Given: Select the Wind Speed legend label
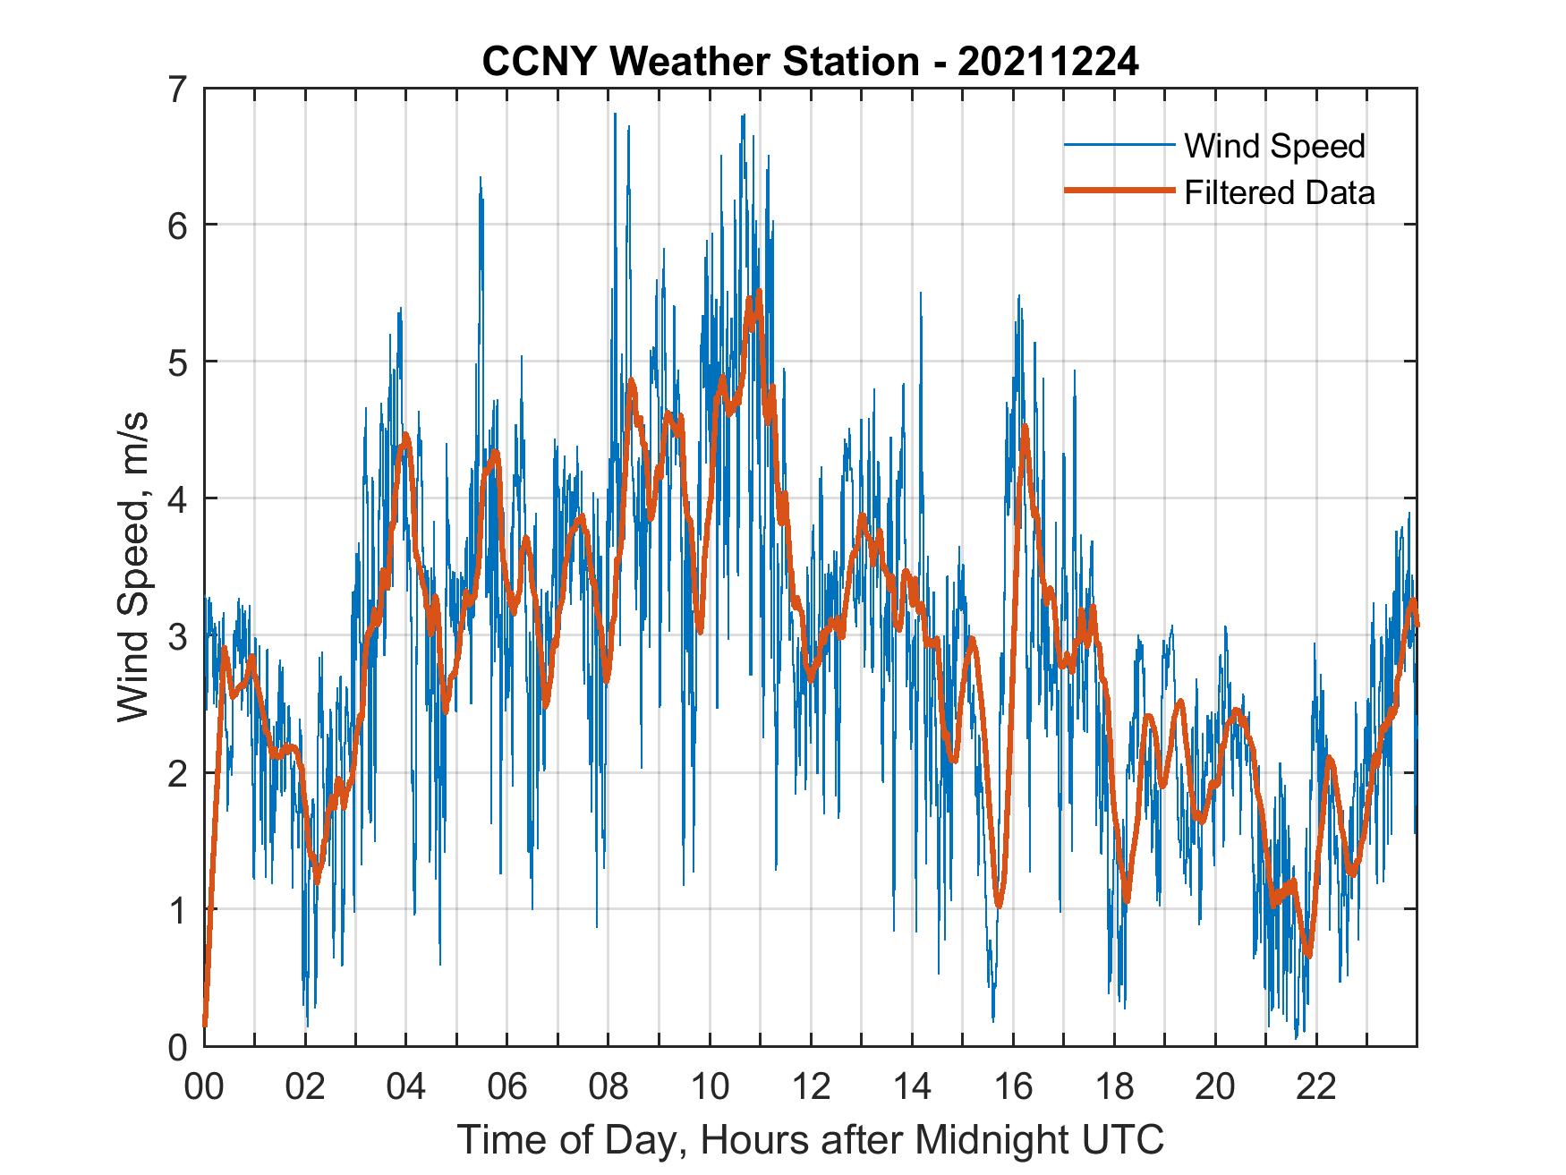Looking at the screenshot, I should (1274, 146).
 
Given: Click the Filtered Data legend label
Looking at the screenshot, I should (1279, 192).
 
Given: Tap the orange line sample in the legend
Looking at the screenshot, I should (1119, 191).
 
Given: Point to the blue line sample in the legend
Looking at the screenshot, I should (1119, 145).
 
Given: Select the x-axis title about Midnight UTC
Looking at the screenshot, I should (811, 1140).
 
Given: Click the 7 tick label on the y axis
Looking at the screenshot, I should (178, 89).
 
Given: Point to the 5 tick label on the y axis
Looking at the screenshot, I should (178, 362).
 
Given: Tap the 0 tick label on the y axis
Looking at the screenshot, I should (178, 1046).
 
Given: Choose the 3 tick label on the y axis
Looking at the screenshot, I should (178, 636).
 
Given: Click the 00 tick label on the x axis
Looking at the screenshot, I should (204, 1087).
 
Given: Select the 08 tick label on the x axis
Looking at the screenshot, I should (609, 1087).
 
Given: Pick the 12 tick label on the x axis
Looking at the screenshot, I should (811, 1087).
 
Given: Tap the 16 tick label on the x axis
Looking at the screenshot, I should (1013, 1087).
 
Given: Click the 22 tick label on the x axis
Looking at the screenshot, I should (1316, 1087).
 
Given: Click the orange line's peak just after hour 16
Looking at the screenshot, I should (1025, 427).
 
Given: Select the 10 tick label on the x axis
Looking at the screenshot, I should (710, 1087).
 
